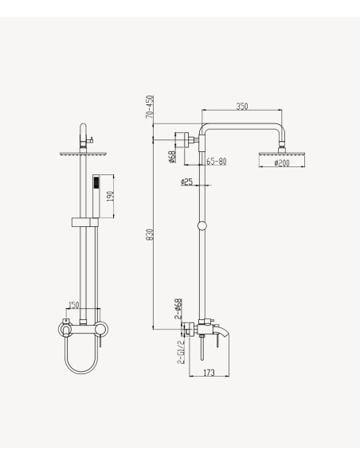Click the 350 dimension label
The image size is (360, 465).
click(x=242, y=106)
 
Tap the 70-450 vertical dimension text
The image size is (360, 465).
click(x=150, y=107)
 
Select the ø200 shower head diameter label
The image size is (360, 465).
click(x=282, y=162)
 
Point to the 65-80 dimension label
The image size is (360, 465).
click(x=216, y=162)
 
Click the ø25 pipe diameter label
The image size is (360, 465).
click(x=186, y=182)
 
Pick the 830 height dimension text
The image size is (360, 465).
click(x=150, y=235)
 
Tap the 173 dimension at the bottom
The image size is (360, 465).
click(x=209, y=373)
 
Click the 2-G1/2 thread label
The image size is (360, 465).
click(x=181, y=352)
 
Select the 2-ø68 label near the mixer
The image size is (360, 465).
click(x=178, y=309)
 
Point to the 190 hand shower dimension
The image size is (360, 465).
click(x=110, y=197)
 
